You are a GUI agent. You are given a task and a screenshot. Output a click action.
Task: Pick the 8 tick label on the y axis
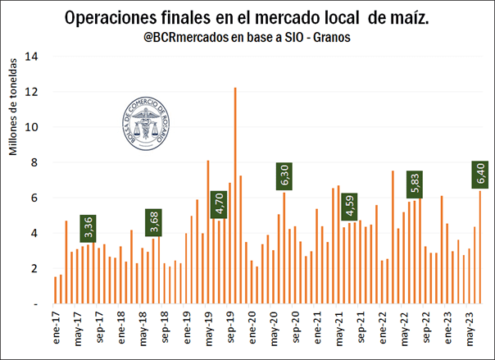(x=34, y=162)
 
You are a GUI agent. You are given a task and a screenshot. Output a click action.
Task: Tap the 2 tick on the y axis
(x=34, y=268)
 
